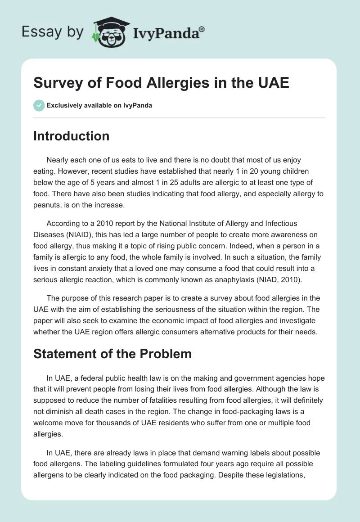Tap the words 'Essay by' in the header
(52, 31)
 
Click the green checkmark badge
(39, 105)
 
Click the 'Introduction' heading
(71, 136)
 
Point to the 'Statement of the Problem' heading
(112, 354)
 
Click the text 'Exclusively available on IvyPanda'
(99, 105)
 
